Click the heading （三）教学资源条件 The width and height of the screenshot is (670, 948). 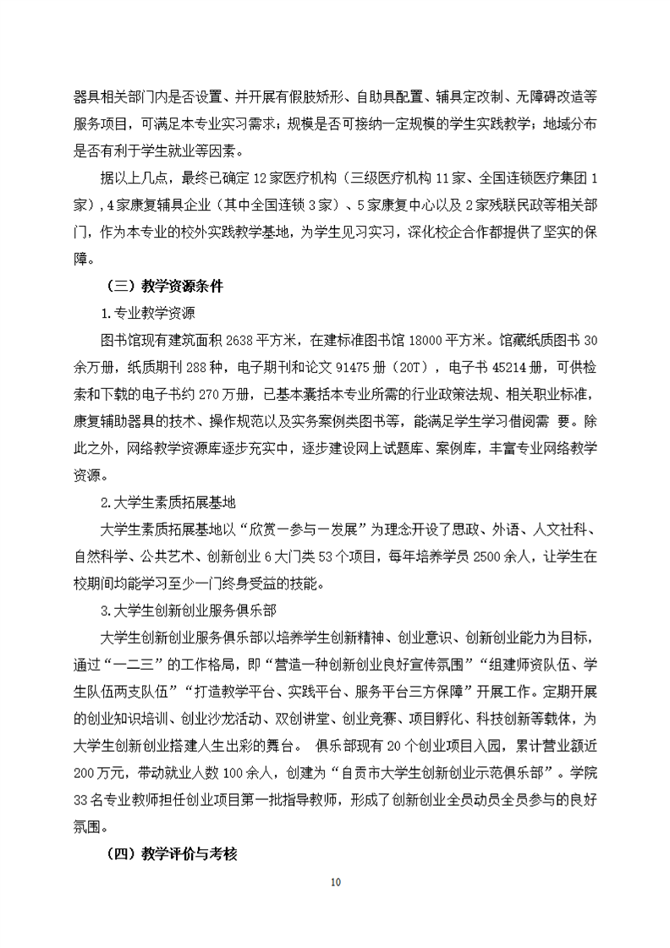(x=163, y=287)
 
